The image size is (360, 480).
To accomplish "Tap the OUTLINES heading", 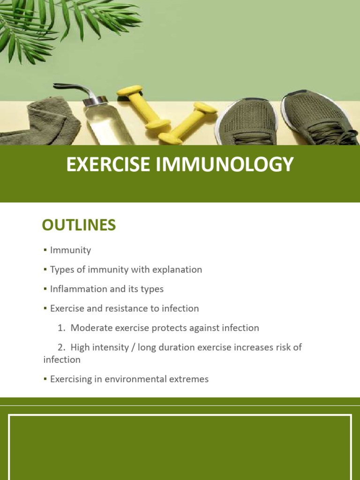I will pyautogui.click(x=79, y=225).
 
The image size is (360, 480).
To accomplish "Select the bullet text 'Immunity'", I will pyautogui.click(x=70, y=250).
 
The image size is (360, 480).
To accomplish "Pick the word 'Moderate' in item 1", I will pyautogui.click(x=91, y=328).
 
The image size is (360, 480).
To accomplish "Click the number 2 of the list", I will pyautogui.click(x=60, y=347).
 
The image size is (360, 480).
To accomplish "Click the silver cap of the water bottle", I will pyautogui.click(x=96, y=100).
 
